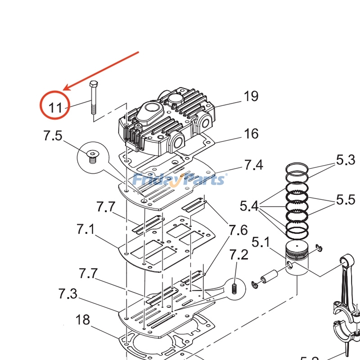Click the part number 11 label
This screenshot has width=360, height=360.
[x=55, y=108]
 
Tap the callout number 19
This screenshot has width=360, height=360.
[x=251, y=96]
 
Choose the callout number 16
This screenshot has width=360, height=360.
[x=251, y=134]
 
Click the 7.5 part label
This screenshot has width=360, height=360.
[x=53, y=135]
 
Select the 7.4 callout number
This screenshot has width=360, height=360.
[x=253, y=165]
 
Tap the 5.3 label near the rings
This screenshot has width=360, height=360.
[x=346, y=160]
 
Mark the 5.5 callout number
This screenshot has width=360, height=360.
[x=346, y=199]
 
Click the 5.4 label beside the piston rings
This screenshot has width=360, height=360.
[x=249, y=207]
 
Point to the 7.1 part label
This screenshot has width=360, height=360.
[x=85, y=229]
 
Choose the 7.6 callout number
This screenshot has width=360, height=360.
[x=238, y=230]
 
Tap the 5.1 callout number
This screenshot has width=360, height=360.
[x=261, y=243]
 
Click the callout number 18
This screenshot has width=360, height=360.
[x=82, y=320]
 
